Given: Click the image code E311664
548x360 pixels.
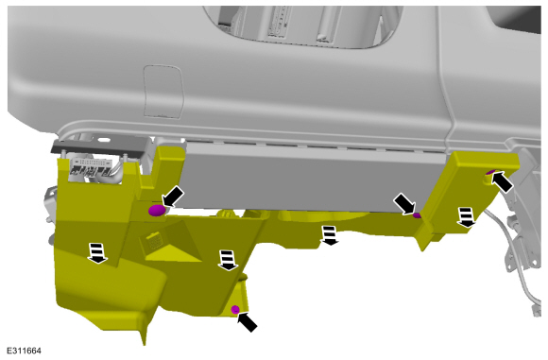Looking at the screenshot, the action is tap(25, 351).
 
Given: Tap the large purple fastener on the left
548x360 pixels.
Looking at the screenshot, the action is tap(157, 211).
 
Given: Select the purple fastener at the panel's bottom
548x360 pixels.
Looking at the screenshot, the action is tap(235, 309).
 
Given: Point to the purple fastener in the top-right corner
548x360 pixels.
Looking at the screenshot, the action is tap(491, 172).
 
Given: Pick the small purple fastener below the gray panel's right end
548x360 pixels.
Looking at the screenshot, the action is tap(417, 214).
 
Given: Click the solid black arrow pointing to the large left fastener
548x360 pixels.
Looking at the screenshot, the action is tap(173, 197).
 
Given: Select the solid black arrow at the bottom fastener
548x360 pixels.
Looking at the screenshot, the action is tap(248, 322).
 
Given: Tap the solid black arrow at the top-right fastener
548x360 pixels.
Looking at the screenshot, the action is tap(503, 181).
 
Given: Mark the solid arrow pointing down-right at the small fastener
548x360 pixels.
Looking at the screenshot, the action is tap(404, 204).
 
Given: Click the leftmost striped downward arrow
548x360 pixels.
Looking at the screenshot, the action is tap(97, 253).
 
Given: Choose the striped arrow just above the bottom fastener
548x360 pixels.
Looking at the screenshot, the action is tap(228, 261).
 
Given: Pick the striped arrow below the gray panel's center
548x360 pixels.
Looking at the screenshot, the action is tap(329, 235).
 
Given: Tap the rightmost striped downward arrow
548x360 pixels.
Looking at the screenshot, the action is tap(466, 217).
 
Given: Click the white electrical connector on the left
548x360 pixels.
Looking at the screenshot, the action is tap(92, 167).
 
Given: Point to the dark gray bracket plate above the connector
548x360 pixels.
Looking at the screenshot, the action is tap(101, 146).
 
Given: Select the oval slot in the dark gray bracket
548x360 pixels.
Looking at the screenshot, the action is tap(103, 140).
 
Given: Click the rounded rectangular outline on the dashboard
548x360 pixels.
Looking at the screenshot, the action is tap(163, 92).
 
